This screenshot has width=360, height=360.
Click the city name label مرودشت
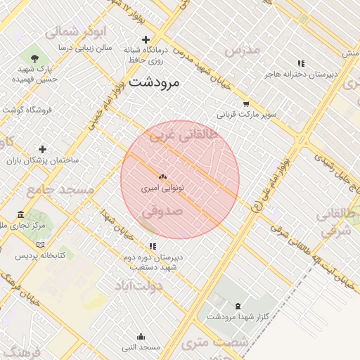click(x=154, y=82)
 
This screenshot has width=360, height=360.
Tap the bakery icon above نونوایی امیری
click(x=162, y=177)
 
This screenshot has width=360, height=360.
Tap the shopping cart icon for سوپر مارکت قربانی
click(x=245, y=103)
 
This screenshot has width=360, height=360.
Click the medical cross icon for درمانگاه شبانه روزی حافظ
click(x=146, y=39)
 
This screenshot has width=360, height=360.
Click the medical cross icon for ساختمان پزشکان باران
click(x=43, y=149)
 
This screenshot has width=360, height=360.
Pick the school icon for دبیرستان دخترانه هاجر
click(x=301, y=63)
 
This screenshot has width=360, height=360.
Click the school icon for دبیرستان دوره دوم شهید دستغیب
click(x=152, y=246)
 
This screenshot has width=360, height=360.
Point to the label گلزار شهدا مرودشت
click(x=237, y=316)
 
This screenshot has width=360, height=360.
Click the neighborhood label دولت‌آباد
click(x=138, y=286)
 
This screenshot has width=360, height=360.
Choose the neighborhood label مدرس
click(x=242, y=50)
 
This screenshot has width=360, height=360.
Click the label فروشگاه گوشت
click(x=28, y=110)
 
